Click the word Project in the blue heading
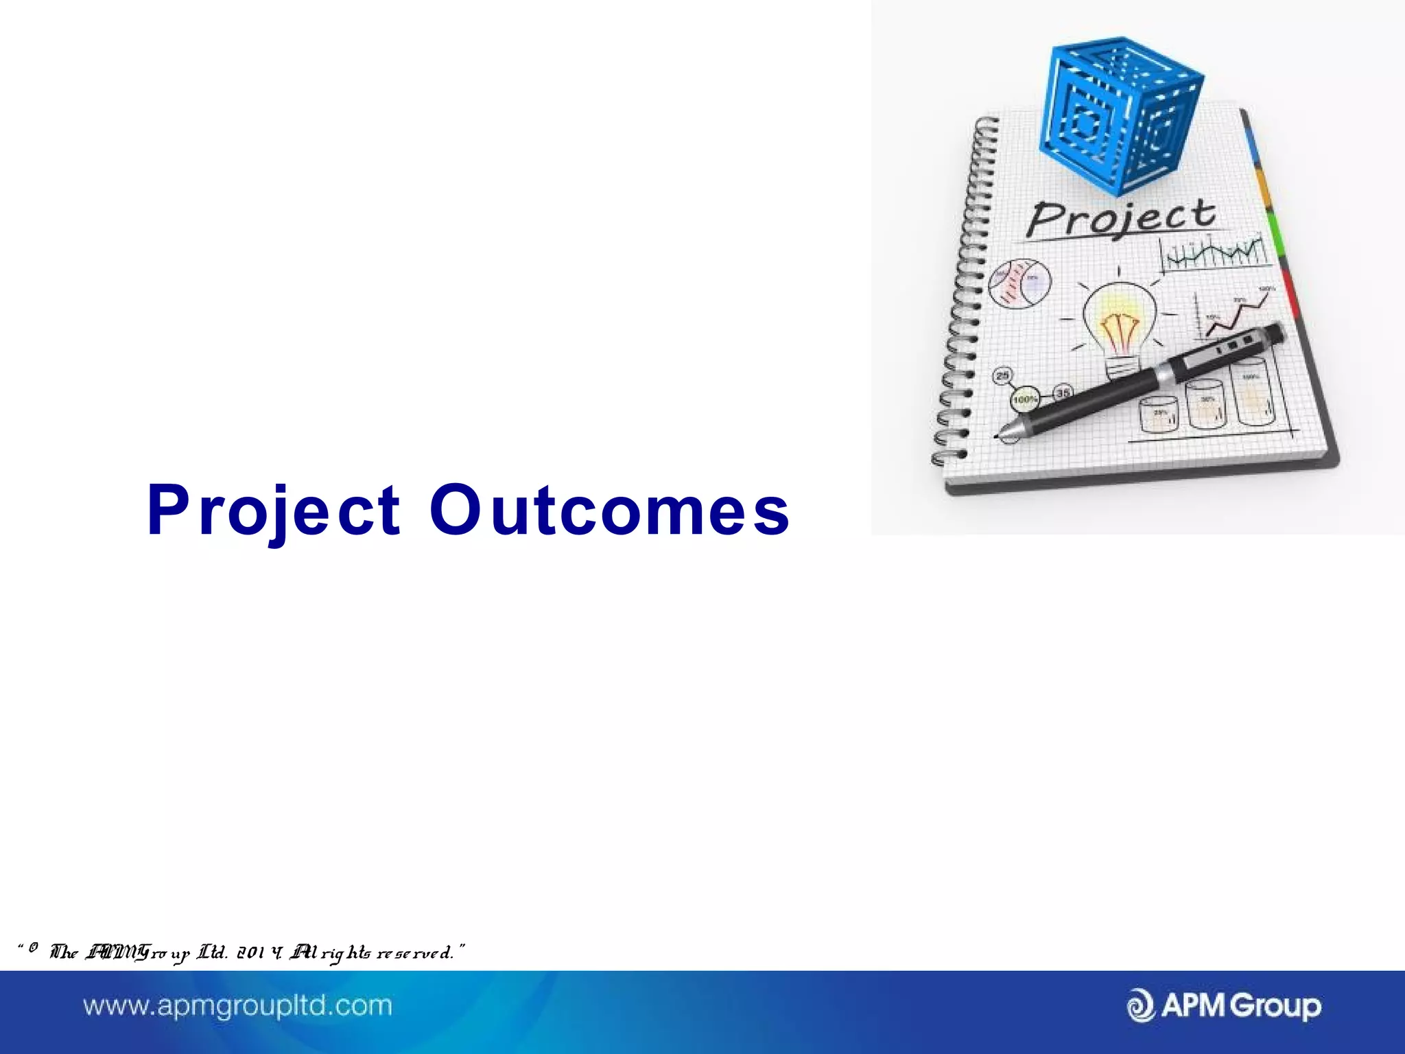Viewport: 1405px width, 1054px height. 273,511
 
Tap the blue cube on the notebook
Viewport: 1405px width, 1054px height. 1118,113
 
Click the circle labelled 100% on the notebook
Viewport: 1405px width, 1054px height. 1025,399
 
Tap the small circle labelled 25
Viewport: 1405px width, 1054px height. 1003,375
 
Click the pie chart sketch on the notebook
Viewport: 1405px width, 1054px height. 1019,283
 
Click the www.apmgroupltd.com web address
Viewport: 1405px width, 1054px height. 237,1006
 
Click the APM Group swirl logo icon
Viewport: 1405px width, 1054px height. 1141,1006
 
